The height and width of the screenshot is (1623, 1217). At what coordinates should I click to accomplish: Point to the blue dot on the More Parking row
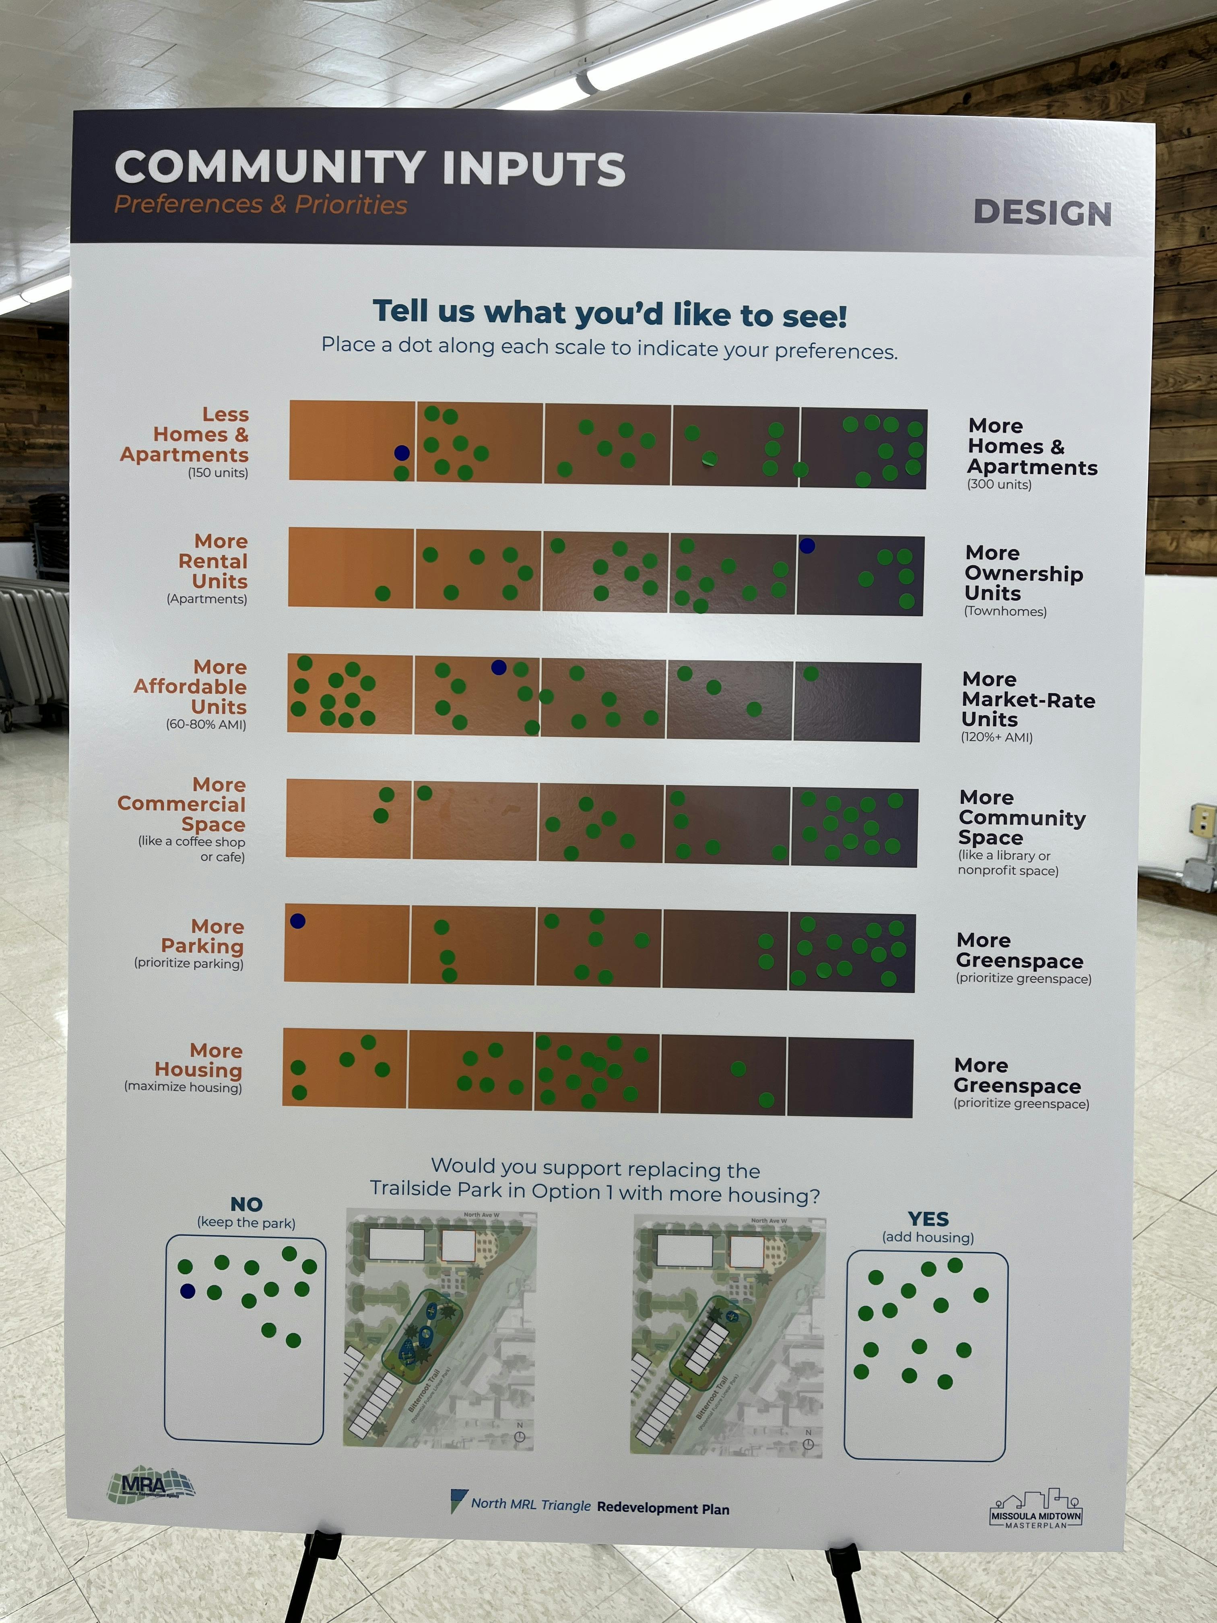tap(298, 921)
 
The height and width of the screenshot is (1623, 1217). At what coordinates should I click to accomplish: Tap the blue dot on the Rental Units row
tap(807, 546)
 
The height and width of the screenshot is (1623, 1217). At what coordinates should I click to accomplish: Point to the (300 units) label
tap(999, 484)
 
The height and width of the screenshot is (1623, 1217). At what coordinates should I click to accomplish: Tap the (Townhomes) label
tap(1005, 611)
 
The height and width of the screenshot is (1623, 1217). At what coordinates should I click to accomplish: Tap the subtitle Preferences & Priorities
tap(260, 205)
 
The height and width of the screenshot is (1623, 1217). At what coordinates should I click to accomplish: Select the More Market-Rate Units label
tap(1027, 699)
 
